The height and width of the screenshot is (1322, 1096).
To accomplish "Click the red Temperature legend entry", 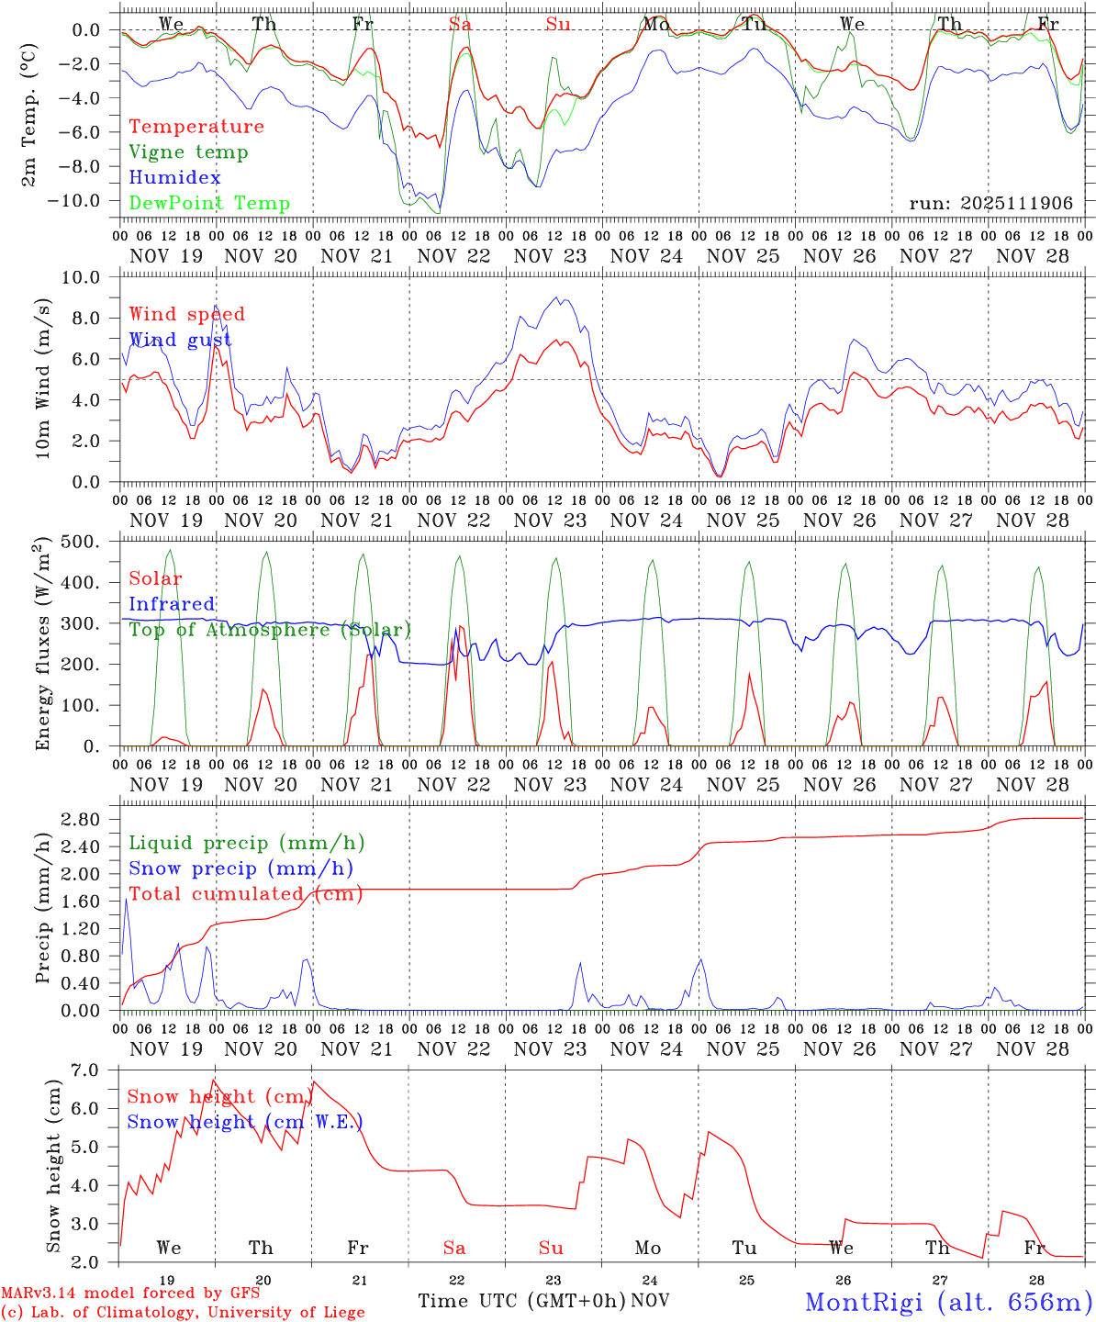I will pos(196,127).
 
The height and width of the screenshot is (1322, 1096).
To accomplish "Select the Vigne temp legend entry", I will pos(188,152).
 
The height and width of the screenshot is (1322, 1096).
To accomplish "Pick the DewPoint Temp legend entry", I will pos(209,204).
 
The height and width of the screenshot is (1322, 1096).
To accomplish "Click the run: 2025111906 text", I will pos(990,203).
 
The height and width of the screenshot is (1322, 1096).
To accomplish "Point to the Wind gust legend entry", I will pos(180,341).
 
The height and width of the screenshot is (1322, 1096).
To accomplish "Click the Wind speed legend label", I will pos(186,315).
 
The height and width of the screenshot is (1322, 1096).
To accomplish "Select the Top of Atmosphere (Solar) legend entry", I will pos(269,630).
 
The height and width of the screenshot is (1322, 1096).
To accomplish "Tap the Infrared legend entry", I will pos(172,604).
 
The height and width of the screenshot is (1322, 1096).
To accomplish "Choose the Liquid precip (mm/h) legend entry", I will pos(246,843).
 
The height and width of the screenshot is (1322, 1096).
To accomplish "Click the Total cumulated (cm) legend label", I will pos(245,894).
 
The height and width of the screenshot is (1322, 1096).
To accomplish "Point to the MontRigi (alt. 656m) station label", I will pos(948,1301).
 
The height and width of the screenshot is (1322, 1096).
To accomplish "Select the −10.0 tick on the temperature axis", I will pos(81,201).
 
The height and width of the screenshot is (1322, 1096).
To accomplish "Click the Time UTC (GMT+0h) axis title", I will pos(523,1301).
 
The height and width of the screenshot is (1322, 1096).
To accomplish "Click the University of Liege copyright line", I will pos(183,1313).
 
